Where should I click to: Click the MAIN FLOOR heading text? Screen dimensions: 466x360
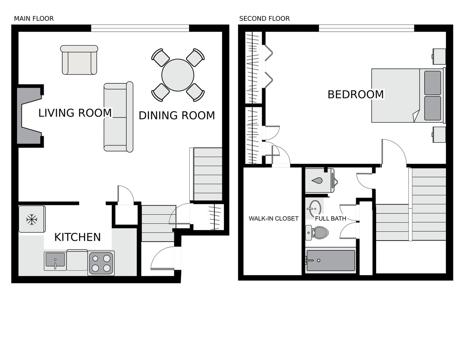click(x=34, y=19)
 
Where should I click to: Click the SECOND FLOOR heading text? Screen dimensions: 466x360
click(x=264, y=19)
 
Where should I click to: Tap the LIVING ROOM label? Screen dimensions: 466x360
click(x=75, y=113)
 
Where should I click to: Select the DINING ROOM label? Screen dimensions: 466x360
click(x=177, y=115)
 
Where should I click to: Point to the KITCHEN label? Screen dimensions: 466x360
click(x=78, y=237)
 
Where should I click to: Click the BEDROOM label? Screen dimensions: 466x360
click(x=356, y=94)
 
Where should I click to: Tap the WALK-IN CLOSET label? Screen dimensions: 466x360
click(x=273, y=218)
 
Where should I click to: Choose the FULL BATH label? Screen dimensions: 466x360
click(x=331, y=218)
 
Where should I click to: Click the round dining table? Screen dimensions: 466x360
click(x=178, y=75)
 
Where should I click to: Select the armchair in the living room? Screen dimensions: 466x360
click(x=79, y=60)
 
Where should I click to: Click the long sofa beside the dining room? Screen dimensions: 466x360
click(x=118, y=117)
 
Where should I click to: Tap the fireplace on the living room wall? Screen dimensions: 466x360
click(x=30, y=116)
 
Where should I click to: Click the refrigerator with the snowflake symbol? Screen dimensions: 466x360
click(x=32, y=219)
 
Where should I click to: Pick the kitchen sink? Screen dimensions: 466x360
click(x=55, y=261)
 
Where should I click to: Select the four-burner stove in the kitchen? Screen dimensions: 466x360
click(x=101, y=264)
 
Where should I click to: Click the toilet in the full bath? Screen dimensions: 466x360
click(x=317, y=233)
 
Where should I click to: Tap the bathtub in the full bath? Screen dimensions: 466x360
click(x=331, y=261)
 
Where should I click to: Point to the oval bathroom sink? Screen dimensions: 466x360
click(x=315, y=209)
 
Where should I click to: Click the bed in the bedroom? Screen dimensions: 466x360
click(x=408, y=96)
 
